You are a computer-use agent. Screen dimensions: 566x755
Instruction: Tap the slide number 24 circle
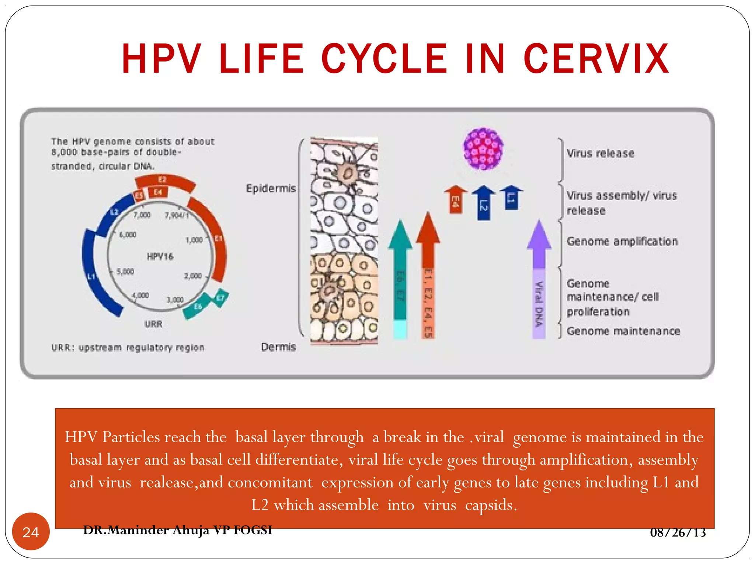click(x=31, y=532)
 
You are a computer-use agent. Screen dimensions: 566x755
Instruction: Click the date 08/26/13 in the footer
click(x=678, y=532)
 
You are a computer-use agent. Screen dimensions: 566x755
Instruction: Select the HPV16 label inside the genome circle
click(x=160, y=256)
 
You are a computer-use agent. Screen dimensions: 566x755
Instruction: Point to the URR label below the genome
click(x=153, y=324)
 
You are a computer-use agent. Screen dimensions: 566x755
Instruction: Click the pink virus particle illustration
click(x=483, y=149)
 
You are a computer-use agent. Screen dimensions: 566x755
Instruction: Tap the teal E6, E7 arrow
click(x=400, y=276)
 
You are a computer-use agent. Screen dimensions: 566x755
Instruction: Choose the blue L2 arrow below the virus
click(x=484, y=203)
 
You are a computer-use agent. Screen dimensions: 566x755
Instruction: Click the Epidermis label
click(x=271, y=188)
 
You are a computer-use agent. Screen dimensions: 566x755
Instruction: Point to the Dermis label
click(x=278, y=347)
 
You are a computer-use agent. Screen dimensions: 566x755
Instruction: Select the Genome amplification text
click(x=622, y=241)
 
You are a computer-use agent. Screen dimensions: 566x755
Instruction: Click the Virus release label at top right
click(x=601, y=153)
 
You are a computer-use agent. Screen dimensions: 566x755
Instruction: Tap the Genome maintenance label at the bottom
click(x=623, y=331)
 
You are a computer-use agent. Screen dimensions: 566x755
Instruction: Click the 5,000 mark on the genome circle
click(x=125, y=272)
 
